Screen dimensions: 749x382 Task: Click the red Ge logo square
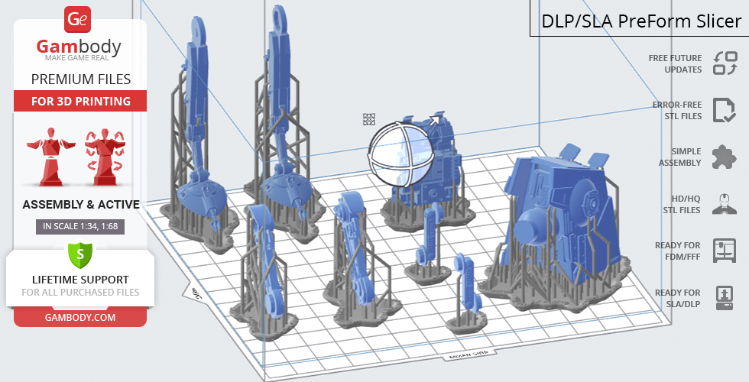pos(77,19)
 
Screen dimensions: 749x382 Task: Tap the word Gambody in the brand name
pos(79,47)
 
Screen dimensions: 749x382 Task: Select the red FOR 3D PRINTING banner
pos(80,101)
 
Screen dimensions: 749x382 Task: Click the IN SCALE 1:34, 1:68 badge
pos(80,226)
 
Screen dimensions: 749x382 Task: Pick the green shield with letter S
pos(79,254)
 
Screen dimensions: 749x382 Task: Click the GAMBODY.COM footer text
pos(80,318)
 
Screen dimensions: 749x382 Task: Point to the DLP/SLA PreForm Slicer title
pos(641,21)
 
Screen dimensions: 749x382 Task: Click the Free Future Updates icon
pos(725,63)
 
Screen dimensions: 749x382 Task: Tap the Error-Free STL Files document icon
pos(725,110)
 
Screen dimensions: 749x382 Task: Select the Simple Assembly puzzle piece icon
pos(725,157)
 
